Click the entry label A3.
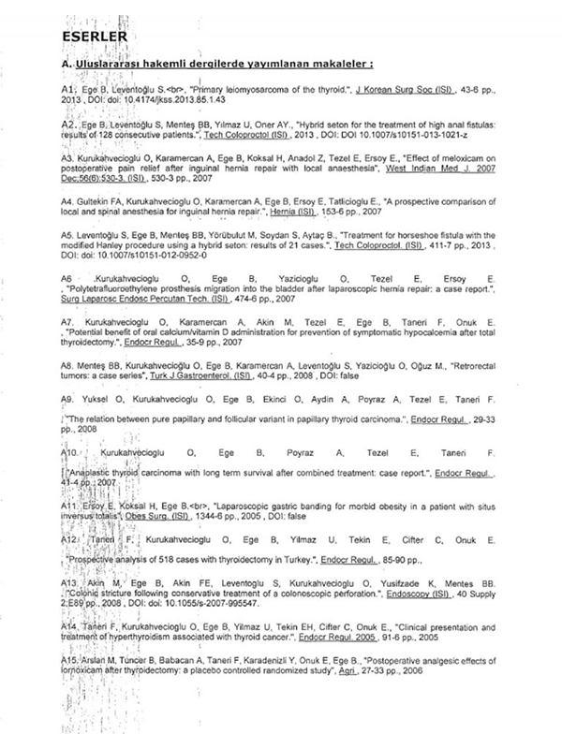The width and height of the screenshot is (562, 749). tap(64, 158)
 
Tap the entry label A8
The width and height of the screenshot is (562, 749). tap(64, 346)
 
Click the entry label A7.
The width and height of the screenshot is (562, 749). tap(64, 321)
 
